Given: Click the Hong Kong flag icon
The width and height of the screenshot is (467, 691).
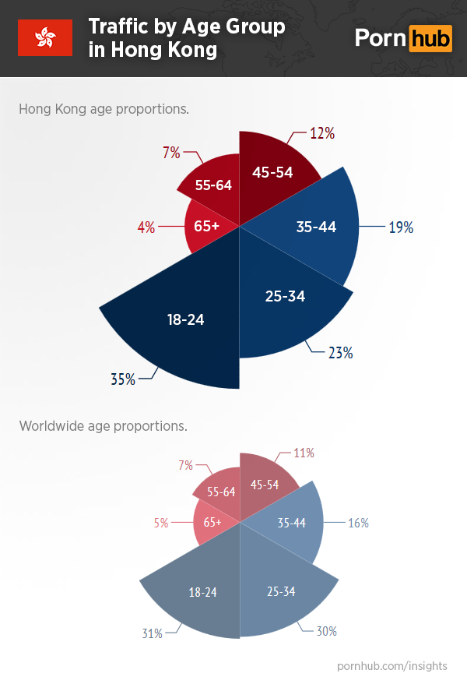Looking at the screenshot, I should coord(45,37).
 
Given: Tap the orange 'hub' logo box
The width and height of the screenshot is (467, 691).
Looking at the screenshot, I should coord(430,37).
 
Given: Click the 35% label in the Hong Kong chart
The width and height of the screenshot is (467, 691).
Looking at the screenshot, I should coord(123,379).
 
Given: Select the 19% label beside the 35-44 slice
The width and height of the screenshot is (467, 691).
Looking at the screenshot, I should coord(401,227).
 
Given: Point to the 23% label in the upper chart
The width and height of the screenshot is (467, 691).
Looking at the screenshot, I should coord(340,353).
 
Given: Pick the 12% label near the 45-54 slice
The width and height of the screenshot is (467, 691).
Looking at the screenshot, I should coord(322,133).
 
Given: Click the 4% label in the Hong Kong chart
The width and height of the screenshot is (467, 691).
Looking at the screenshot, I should coord(146,227).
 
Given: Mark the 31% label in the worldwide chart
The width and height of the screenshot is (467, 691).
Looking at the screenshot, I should coord(152,633).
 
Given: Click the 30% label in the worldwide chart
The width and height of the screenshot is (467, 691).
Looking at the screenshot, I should coord(326,631).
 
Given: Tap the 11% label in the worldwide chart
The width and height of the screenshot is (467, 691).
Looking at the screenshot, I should coord(304,453).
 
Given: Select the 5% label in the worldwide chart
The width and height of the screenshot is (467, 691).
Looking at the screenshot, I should coord(161,523).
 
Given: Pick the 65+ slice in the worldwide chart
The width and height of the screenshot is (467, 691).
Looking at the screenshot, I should coord(212,523).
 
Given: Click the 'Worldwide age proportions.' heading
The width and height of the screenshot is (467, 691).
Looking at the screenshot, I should coord(103,426).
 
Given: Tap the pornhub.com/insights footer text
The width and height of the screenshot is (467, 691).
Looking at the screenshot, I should coord(393,666).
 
